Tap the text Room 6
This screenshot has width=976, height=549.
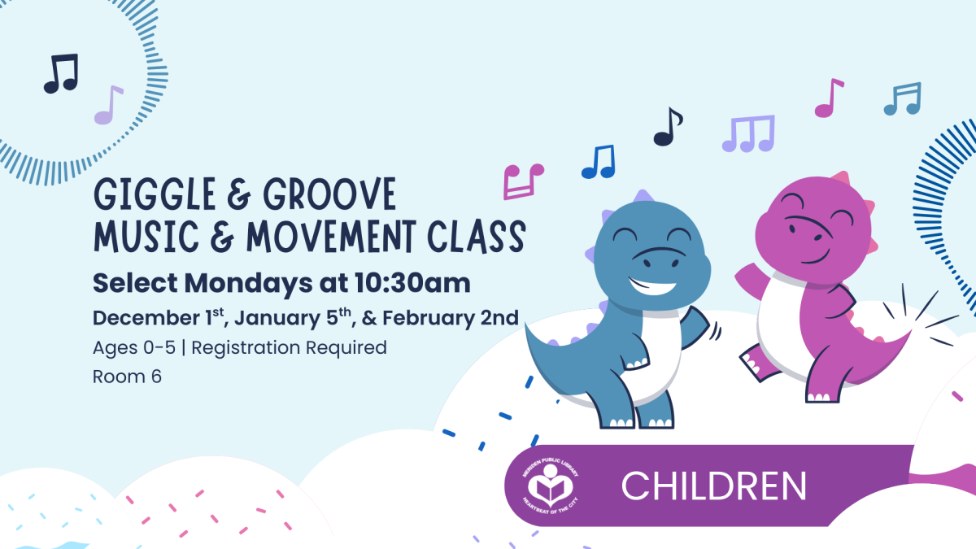click(x=127, y=377)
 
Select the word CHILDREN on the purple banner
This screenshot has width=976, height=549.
click(x=713, y=486)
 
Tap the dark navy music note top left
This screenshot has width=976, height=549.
click(x=60, y=73)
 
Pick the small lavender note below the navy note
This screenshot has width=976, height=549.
click(x=107, y=107)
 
